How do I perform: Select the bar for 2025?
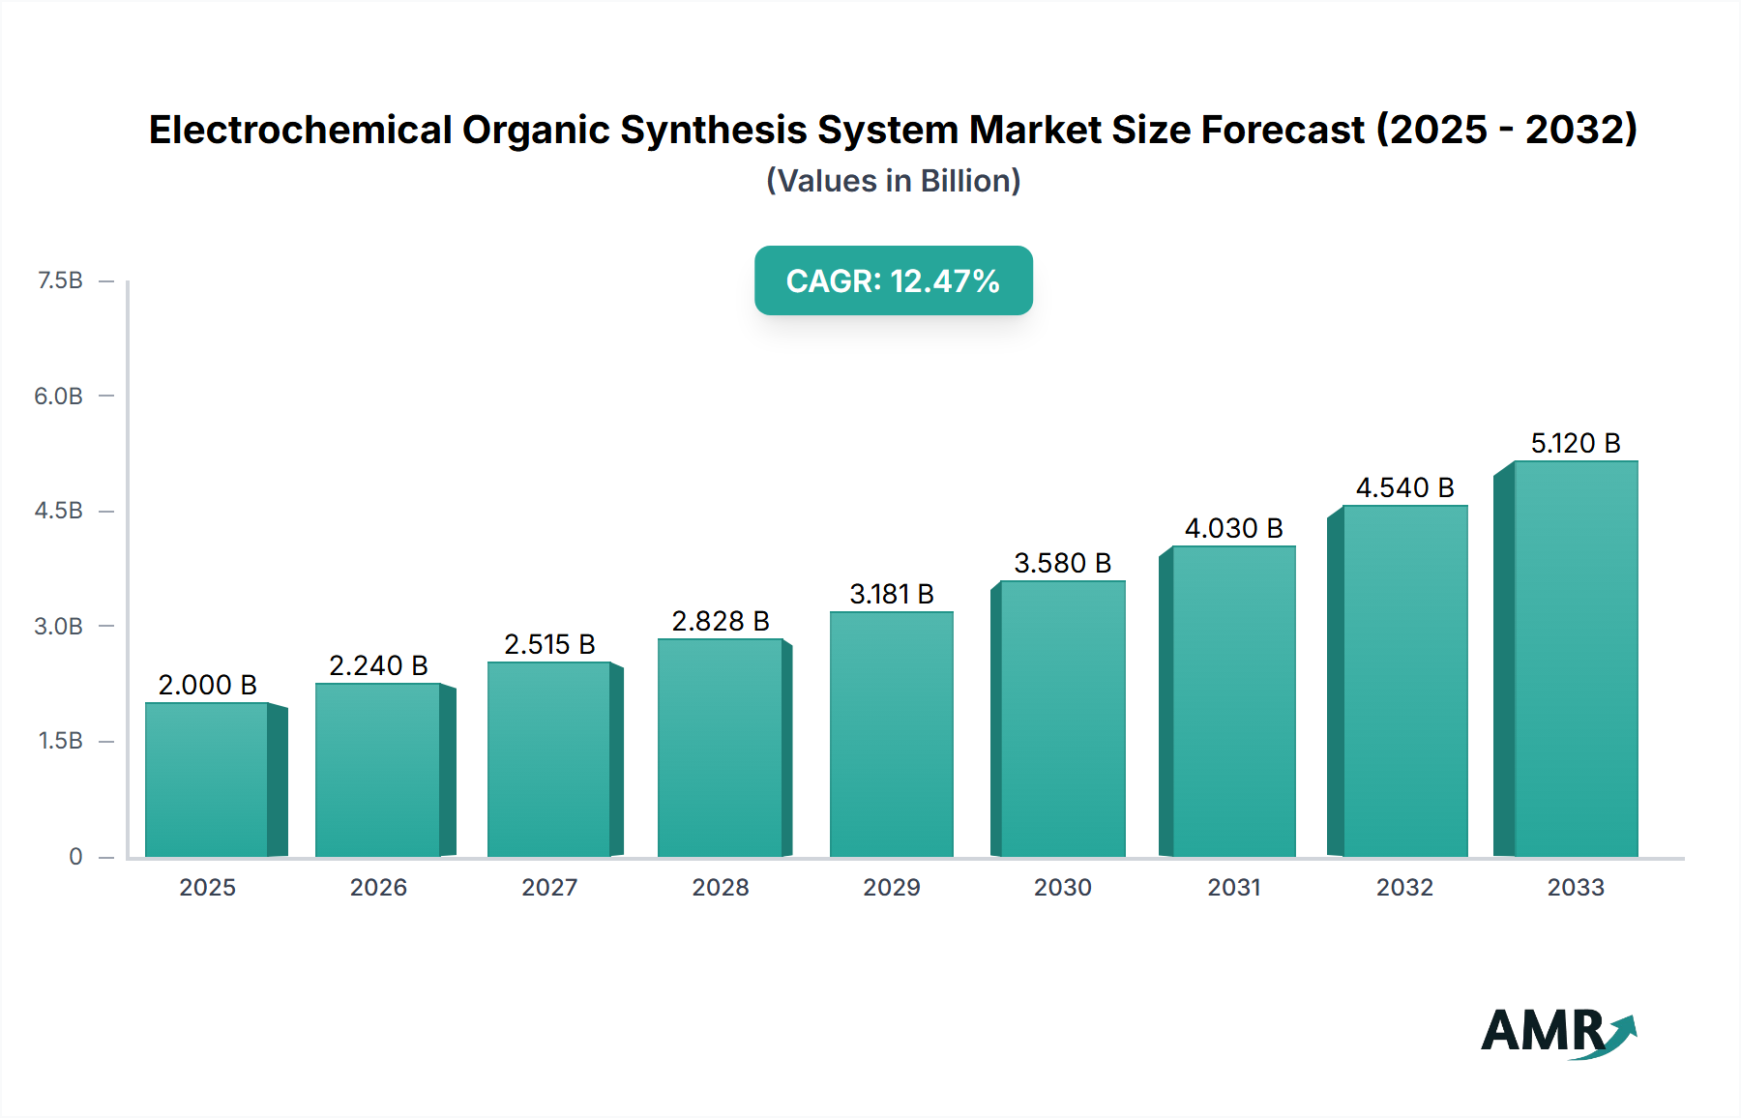coord(207,780)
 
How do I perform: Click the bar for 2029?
coord(891,734)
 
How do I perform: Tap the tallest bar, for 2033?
coord(1575,659)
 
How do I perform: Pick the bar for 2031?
coord(1232,701)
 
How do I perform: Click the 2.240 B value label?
coord(378,665)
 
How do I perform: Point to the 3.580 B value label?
coord(1062,563)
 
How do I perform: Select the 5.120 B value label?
coord(1575,443)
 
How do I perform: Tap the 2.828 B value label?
coord(721,621)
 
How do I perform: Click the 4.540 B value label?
coord(1404,487)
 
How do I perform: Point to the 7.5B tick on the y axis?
coord(60,280)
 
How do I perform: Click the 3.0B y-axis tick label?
coord(58,626)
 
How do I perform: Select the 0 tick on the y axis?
coord(75,856)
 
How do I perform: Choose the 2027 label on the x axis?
coord(549,887)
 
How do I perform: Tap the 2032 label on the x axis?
coord(1404,887)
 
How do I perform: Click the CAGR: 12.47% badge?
coord(893,280)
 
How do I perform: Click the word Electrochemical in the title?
coord(300,130)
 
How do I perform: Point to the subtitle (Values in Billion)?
coord(893,181)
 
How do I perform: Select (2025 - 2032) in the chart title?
coord(1506,130)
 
